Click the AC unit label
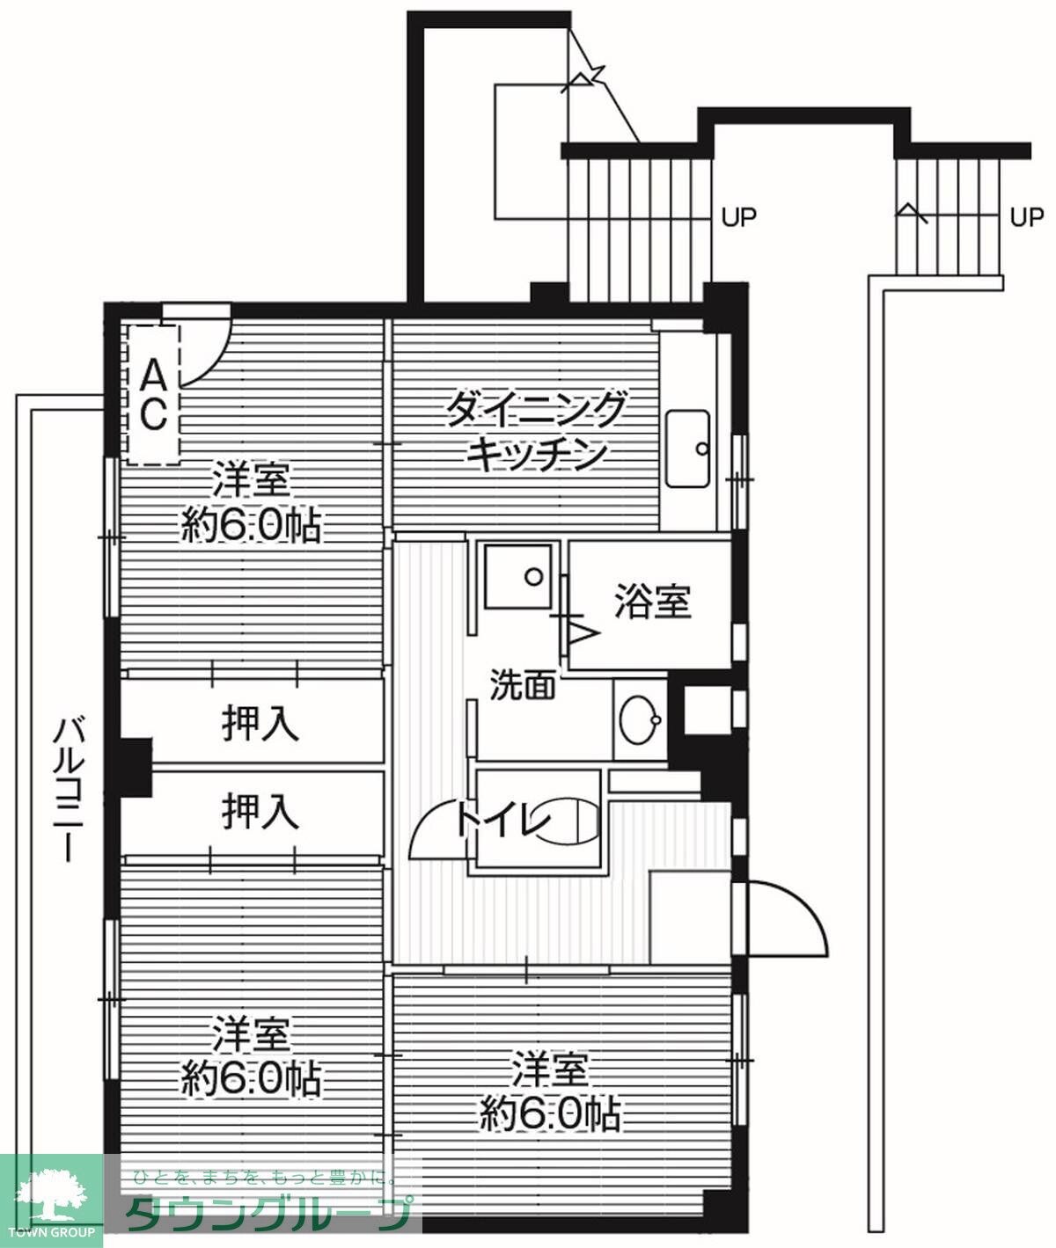pyautogui.click(x=153, y=395)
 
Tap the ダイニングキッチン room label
pyautogui.click(x=537, y=432)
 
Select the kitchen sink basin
pyautogui.click(x=687, y=449)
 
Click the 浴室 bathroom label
pyautogui.click(x=652, y=602)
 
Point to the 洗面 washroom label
pyautogui.click(x=522, y=685)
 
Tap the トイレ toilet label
pyautogui.click(x=502, y=822)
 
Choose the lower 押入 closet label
pyautogui.click(x=260, y=811)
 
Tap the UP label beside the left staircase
pyautogui.click(x=738, y=216)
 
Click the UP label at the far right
pyautogui.click(x=1026, y=216)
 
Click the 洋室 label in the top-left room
pyautogui.click(x=250, y=485)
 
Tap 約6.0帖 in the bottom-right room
pyautogui.click(x=550, y=1115)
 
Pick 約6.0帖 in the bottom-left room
pyautogui.click(x=251, y=1078)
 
